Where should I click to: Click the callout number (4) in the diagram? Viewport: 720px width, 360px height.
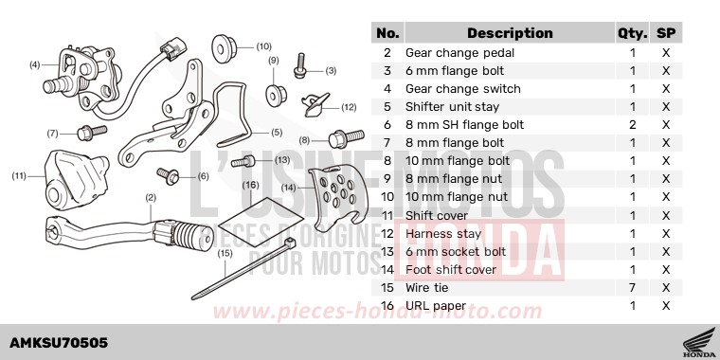34,65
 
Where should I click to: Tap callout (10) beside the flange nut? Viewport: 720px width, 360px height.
262,45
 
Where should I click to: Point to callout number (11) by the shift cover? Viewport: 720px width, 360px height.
18,175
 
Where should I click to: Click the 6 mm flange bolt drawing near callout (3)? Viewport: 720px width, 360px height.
300,64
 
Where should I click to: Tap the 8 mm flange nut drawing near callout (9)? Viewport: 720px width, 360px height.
277,93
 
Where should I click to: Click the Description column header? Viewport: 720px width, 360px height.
510,33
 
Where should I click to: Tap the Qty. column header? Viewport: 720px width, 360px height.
631,33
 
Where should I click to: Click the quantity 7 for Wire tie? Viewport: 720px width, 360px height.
632,287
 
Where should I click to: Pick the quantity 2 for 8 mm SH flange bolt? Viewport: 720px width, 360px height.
632,125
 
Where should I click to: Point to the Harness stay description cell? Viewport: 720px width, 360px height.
439,233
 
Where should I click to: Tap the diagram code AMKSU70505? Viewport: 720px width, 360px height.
59,342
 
